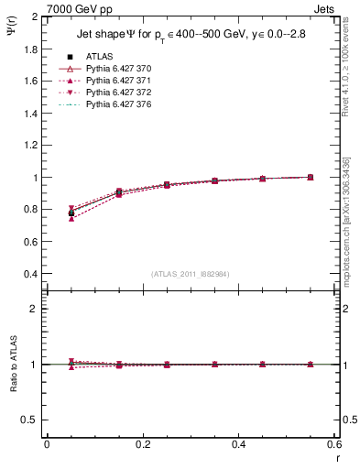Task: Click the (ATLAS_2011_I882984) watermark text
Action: coord(191,274)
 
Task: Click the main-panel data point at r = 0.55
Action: coord(311,177)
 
